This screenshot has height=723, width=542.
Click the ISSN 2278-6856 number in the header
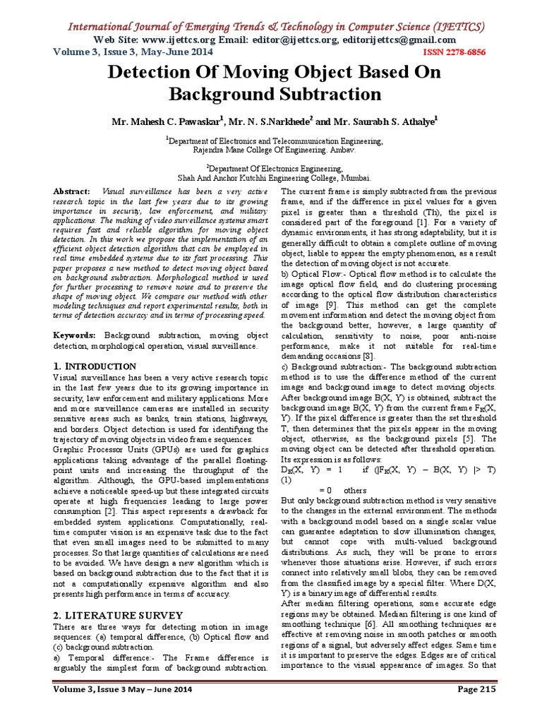(466, 52)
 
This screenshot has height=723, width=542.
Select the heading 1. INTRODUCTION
(95, 366)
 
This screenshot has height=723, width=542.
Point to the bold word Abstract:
(73, 191)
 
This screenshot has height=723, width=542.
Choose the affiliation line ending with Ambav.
(275, 150)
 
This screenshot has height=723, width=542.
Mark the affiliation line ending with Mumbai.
(275, 179)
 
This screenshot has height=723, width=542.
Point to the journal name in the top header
(275, 27)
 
